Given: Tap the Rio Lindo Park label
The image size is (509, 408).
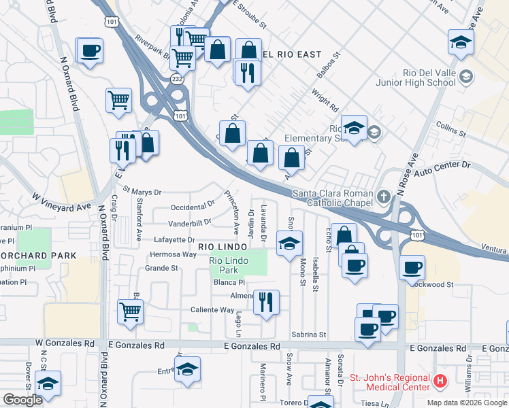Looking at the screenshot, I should (227, 265).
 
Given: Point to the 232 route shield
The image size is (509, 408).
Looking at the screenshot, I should (177, 80).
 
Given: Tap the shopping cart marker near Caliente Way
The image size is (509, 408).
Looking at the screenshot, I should (129, 311).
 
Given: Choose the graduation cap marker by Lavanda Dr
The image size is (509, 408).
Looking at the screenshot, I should (289, 243).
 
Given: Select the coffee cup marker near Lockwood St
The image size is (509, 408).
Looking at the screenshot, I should (412, 267).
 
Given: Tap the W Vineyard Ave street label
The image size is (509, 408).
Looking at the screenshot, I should (61, 201).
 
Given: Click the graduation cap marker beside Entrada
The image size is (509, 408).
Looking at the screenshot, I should (188, 369).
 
